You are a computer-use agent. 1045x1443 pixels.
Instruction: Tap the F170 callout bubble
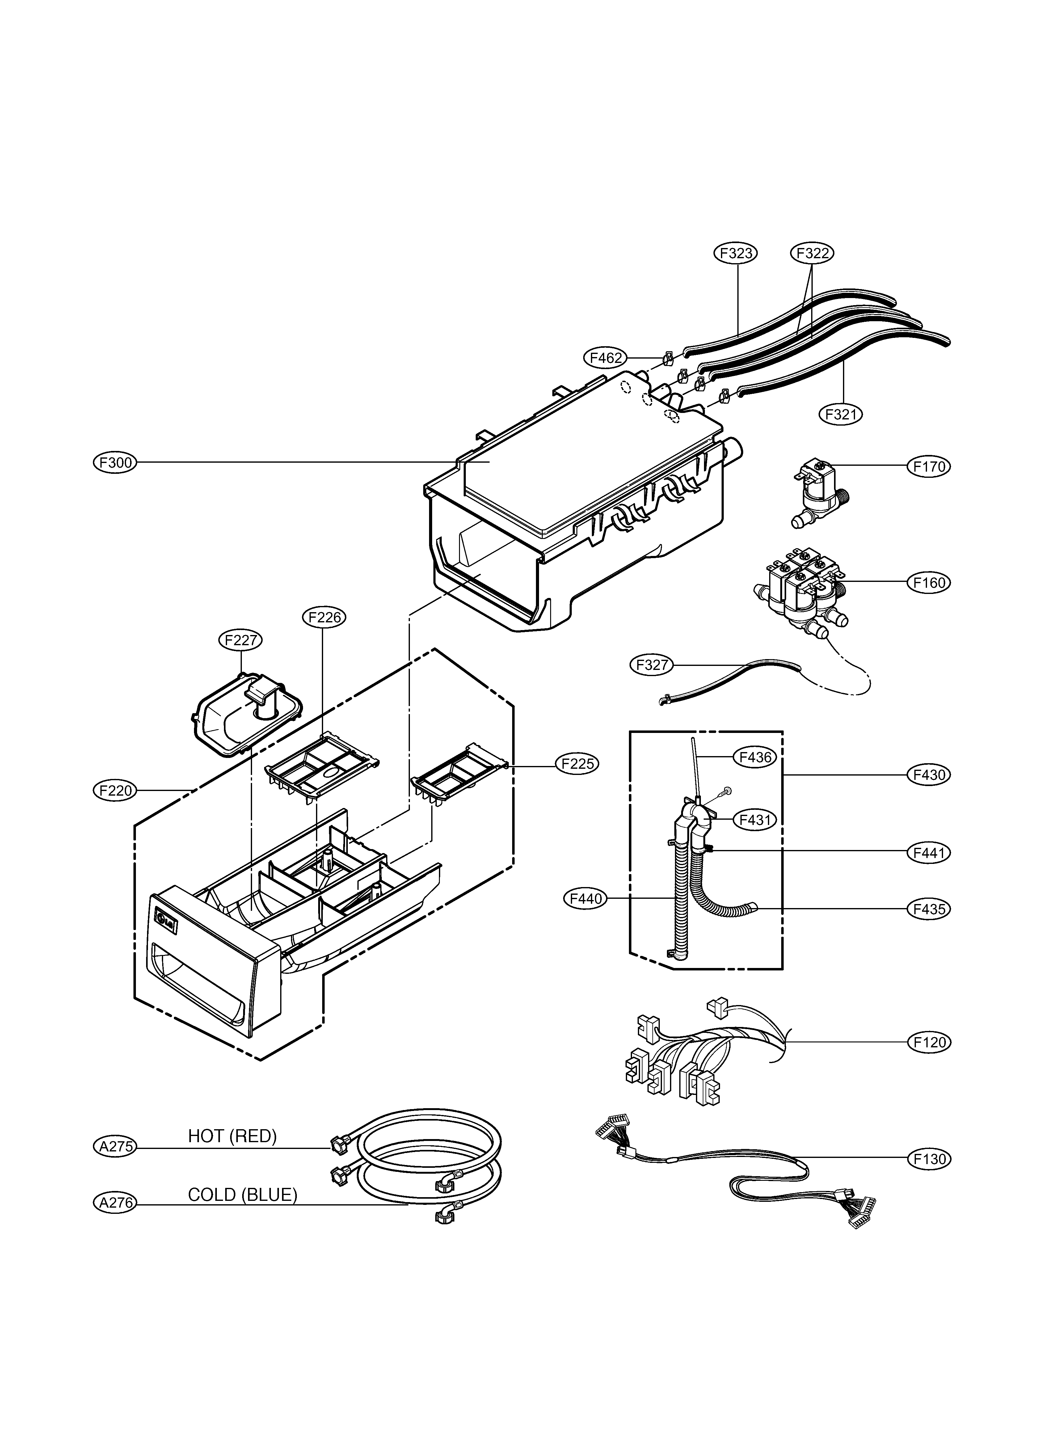click(x=929, y=466)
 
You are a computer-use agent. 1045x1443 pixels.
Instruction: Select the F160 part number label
click(x=929, y=582)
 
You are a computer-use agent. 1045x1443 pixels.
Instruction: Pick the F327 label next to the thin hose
click(x=652, y=665)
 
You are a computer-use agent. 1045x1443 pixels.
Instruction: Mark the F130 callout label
click(x=929, y=1159)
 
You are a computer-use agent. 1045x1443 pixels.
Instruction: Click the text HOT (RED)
click(x=232, y=1136)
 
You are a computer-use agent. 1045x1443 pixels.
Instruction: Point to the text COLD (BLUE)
click(x=242, y=1195)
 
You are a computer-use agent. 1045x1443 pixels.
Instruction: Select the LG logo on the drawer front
click(x=167, y=923)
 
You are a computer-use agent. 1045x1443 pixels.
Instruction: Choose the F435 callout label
click(x=929, y=909)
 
